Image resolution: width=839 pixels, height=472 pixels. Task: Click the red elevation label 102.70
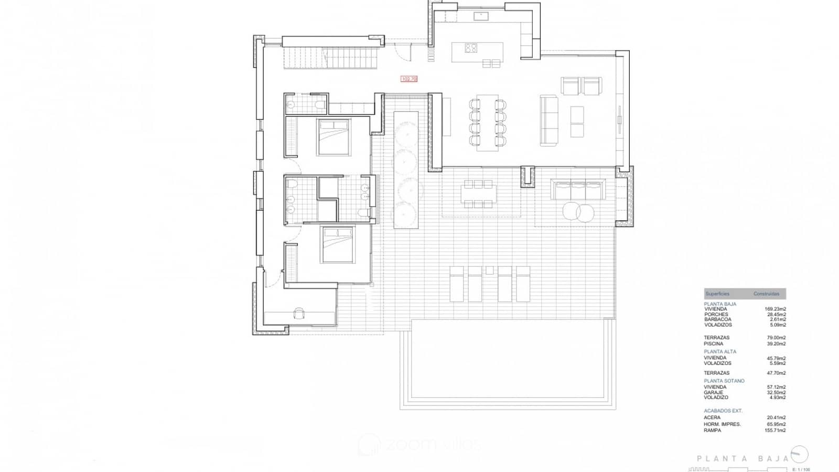(408, 79)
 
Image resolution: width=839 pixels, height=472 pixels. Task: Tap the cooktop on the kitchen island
(471, 48)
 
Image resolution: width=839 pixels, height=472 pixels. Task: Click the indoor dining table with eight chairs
(487, 123)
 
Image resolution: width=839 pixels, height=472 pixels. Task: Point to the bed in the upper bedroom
(333, 137)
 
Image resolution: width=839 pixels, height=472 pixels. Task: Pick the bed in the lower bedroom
(338, 244)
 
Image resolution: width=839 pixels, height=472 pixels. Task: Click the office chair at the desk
(299, 314)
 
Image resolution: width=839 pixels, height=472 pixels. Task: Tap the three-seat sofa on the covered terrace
(577, 189)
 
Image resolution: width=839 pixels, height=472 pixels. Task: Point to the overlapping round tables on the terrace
(578, 211)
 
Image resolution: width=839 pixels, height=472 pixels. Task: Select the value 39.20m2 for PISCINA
(776, 344)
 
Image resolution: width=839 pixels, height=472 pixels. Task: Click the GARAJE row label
(713, 392)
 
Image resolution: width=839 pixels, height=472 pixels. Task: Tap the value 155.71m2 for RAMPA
(775, 431)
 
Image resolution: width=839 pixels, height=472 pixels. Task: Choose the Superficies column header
(717, 294)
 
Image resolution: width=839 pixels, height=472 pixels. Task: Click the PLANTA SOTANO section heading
(724, 381)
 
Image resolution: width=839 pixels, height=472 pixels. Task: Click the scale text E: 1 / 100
(801, 469)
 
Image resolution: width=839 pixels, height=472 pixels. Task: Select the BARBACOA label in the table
(717, 319)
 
